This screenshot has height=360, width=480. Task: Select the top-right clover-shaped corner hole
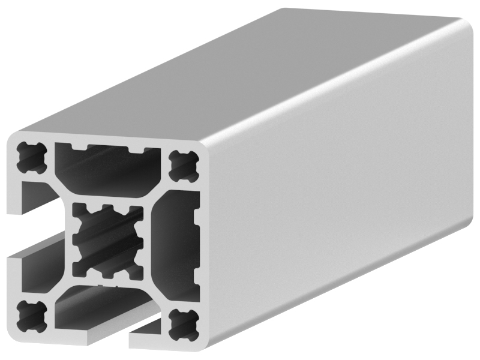point(183,166)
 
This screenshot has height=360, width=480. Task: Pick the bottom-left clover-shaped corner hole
point(29,314)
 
